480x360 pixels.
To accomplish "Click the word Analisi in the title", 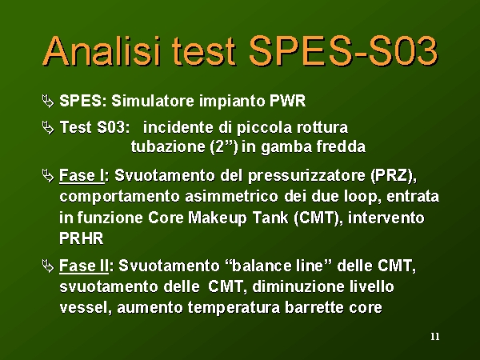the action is click(x=102, y=51).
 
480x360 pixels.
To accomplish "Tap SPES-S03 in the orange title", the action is click(x=343, y=51).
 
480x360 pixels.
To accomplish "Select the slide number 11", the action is click(x=435, y=337).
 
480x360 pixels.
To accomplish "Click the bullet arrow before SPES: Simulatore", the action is click(x=48, y=101).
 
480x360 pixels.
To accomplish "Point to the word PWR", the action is click(x=287, y=101).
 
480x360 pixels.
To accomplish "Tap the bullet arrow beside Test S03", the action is click(x=48, y=128).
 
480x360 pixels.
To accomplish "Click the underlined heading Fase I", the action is click(x=82, y=176).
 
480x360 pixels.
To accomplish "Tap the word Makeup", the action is click(x=217, y=218).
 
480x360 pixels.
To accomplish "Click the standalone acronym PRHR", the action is click(x=82, y=238).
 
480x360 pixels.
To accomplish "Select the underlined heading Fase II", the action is click(x=84, y=266).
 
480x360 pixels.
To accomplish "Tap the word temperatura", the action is click(x=234, y=308).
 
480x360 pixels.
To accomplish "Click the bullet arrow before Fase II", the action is click(x=48, y=266).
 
